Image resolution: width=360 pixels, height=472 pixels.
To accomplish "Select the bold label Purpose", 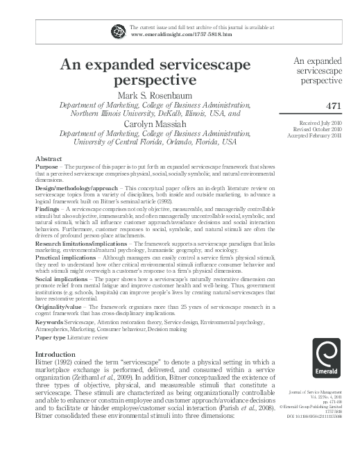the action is click(47, 168).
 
